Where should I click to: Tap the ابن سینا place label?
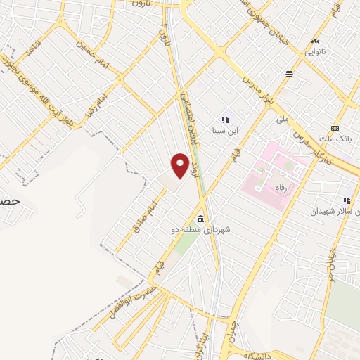pos(225,130)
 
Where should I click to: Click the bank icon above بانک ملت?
pos(335,128)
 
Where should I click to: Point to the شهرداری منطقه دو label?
pos(202,229)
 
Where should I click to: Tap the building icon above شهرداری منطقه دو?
pos(201,217)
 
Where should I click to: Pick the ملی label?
pos(282,120)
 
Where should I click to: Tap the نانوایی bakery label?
pos(315,52)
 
